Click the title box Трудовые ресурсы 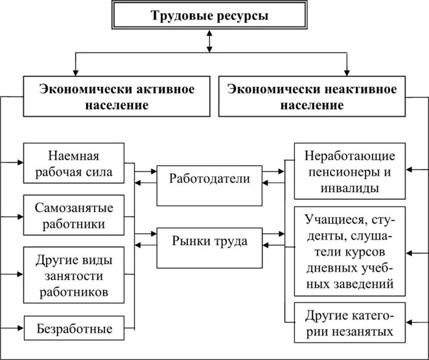click(x=209, y=17)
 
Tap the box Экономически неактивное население click(x=313, y=97)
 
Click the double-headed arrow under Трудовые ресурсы click(x=209, y=41)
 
